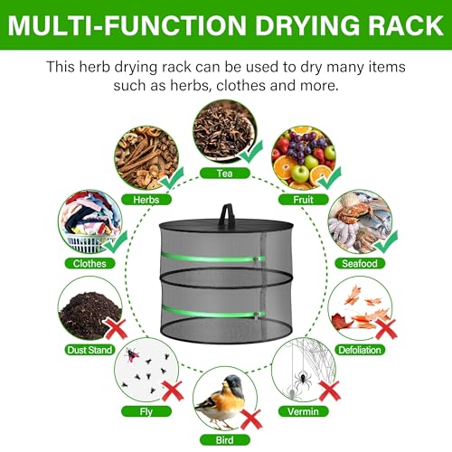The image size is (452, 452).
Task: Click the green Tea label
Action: coord(225,174)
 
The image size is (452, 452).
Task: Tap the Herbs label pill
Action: coord(146,200)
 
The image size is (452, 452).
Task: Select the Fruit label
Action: coord(303,200)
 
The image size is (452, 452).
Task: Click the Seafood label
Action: coord(360,263)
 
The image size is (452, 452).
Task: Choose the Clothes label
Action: coord(89,263)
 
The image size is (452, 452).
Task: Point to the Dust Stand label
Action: coord(89,350)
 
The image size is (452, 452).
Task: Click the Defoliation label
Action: coord(360,350)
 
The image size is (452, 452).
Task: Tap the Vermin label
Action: coord(303,411)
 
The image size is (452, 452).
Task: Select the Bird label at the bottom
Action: coord(225,440)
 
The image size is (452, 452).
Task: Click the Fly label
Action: coord(146,411)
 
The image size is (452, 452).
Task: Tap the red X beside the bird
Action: coord(251,419)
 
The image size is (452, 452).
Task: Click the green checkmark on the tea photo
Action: coord(250,152)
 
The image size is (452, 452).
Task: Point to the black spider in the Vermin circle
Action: coord(302,379)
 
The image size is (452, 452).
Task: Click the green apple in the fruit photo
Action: coord(299,174)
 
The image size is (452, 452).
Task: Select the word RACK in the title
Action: coord(406,25)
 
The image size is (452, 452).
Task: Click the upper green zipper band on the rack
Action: coord(212,258)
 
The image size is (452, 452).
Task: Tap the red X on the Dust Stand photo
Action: coord(116,329)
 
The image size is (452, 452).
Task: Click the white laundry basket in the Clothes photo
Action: coord(88,242)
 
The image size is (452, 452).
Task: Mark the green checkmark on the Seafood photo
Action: coord(386,241)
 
